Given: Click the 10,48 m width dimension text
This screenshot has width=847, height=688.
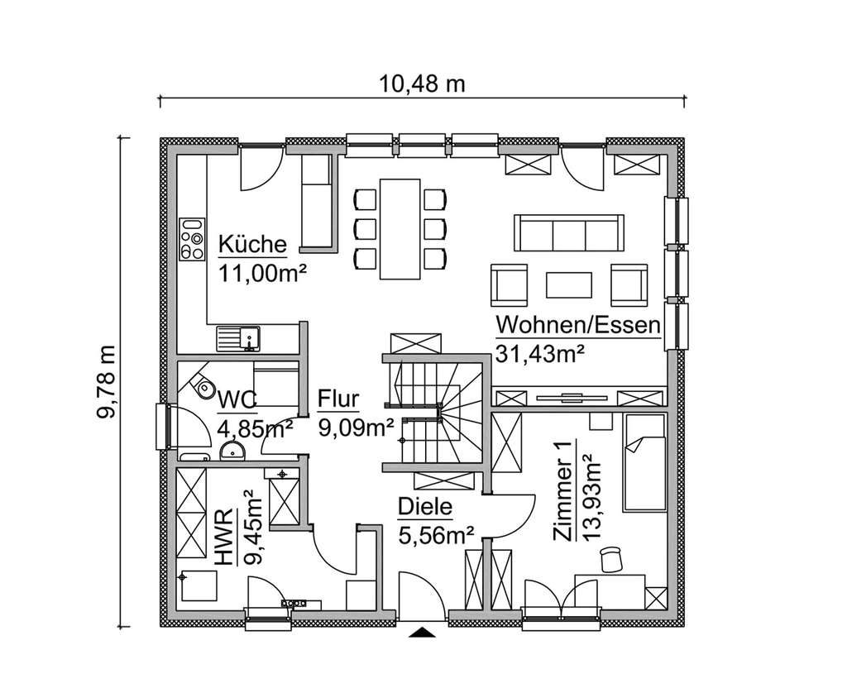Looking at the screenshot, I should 422,84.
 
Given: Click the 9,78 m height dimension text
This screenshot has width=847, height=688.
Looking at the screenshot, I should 107,383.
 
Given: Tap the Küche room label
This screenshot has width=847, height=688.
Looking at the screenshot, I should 252,245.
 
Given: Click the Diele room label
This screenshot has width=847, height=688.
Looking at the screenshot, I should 424,507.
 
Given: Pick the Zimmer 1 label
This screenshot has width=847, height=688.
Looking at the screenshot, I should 563,493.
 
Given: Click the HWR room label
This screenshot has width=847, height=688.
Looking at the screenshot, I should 224,541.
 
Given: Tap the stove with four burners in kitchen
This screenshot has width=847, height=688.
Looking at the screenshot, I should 192,239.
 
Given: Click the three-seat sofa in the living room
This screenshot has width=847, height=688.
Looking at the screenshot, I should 568,232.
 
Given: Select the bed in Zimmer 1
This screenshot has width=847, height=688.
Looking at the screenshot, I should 644,463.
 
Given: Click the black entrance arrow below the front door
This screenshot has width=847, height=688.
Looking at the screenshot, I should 423,633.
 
